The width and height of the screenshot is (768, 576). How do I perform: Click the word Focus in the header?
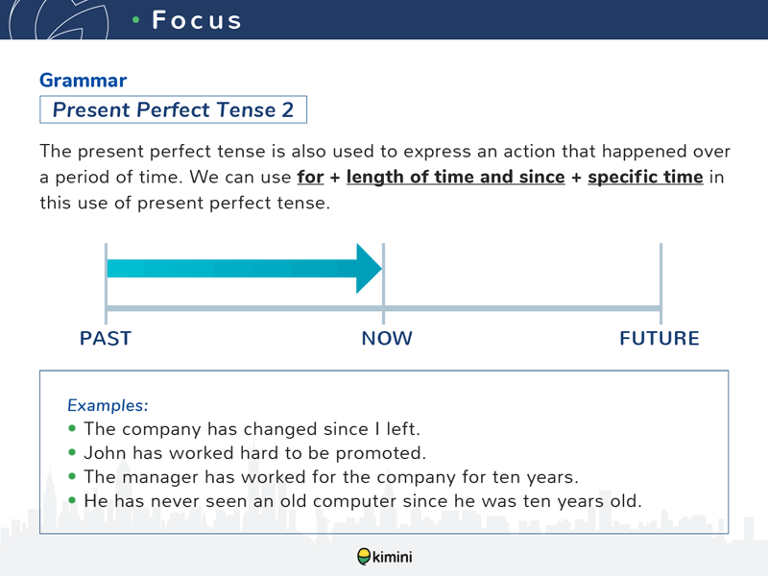[197, 20]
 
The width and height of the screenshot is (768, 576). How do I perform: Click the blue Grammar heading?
[83, 81]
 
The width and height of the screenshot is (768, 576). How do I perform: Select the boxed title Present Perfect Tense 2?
[173, 109]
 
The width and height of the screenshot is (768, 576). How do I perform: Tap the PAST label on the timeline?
[106, 339]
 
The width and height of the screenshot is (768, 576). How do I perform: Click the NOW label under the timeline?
[387, 339]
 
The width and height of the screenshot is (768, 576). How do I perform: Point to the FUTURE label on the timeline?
[660, 339]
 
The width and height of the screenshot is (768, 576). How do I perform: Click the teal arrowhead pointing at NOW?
[369, 269]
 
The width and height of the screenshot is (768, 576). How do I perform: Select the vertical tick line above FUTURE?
[660, 283]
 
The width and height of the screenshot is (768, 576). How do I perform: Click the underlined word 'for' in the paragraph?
[310, 177]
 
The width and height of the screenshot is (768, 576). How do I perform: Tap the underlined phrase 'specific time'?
[645, 177]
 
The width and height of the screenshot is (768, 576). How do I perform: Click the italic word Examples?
[108, 405]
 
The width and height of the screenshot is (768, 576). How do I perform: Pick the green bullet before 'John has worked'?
[73, 452]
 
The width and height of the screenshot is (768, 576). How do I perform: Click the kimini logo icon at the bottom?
[364, 557]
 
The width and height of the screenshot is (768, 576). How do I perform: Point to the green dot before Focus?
[136, 20]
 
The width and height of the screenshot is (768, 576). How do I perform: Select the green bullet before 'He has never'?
[73, 500]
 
